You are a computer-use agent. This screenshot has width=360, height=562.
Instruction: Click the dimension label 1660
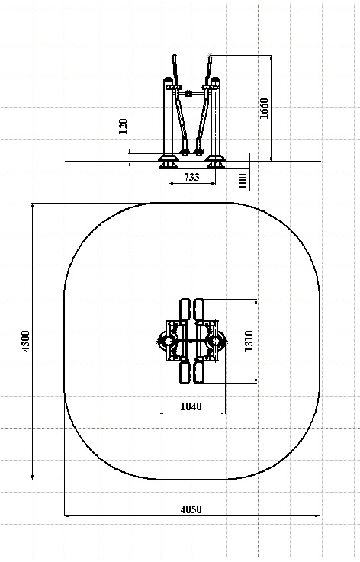[264, 108]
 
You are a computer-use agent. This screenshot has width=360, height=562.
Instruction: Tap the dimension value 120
[123, 127]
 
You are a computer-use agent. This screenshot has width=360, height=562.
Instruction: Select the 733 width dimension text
[191, 177]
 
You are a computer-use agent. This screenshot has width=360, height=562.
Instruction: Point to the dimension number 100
[243, 181]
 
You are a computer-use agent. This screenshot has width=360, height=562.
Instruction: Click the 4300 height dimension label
[26, 341]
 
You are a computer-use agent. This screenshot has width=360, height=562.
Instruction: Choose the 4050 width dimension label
[191, 509]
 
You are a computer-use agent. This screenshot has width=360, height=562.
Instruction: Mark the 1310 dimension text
[249, 341]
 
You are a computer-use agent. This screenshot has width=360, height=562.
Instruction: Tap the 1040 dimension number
[191, 406]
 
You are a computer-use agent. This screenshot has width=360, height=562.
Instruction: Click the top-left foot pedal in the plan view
[185, 309]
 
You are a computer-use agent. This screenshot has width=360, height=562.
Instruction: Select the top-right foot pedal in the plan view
[198, 309]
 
